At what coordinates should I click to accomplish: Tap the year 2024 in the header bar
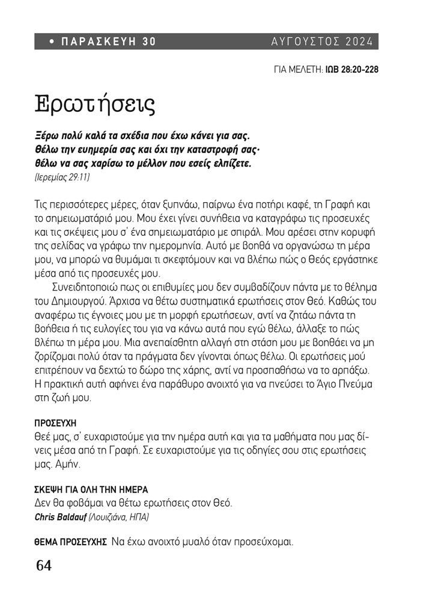click(359, 42)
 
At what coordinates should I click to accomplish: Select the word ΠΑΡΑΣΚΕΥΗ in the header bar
click(98, 42)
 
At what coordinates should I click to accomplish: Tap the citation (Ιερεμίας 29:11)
click(62, 178)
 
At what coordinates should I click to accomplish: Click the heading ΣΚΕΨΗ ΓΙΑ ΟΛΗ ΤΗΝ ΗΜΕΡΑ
click(91, 490)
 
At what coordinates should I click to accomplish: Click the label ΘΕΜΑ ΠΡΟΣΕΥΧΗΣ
click(70, 541)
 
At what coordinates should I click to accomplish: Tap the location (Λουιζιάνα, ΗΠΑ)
click(120, 517)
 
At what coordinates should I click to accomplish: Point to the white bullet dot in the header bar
click(52, 42)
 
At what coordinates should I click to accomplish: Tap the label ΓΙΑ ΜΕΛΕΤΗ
click(298, 70)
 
